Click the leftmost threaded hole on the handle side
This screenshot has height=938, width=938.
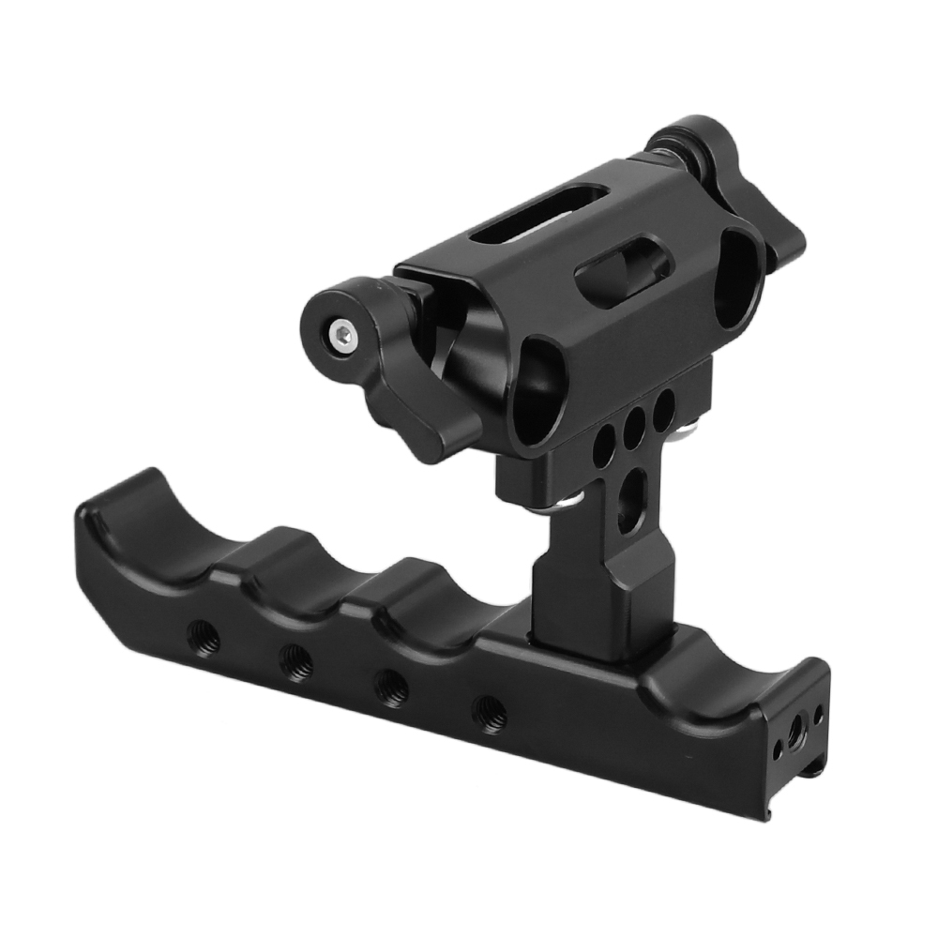pyautogui.click(x=204, y=642)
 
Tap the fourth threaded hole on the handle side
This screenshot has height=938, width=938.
pyautogui.click(x=488, y=715)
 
